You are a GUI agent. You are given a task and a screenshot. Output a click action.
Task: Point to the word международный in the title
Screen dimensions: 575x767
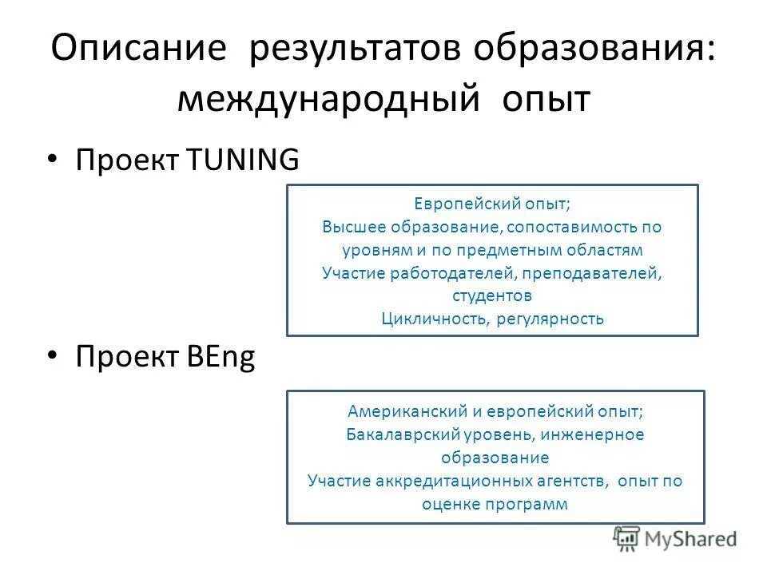pyautogui.click(x=328, y=100)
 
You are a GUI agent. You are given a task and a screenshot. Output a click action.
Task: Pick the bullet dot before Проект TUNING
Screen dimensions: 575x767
pyautogui.click(x=53, y=158)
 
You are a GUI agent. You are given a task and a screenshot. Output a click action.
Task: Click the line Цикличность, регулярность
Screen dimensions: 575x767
pyautogui.click(x=492, y=319)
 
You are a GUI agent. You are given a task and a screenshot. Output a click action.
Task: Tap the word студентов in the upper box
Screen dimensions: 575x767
pyautogui.click(x=492, y=295)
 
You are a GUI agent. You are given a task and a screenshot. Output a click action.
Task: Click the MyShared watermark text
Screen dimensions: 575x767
pyautogui.click(x=692, y=539)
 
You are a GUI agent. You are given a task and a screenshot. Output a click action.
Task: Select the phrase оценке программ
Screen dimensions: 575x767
pyautogui.click(x=495, y=505)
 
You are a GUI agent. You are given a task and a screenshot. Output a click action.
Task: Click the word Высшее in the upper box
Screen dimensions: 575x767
pyautogui.click(x=348, y=227)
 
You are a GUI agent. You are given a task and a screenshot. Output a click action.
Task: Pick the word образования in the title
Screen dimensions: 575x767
pyautogui.click(x=589, y=51)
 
